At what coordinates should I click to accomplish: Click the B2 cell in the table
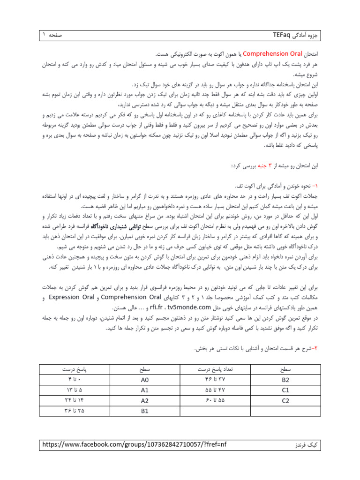pyautogui.click(x=285, y=379)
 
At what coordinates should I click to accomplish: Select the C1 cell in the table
pyautogui.click(x=285, y=390)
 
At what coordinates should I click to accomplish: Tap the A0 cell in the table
pyautogui.click(x=144, y=379)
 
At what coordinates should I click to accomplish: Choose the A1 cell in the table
pyautogui.click(x=144, y=390)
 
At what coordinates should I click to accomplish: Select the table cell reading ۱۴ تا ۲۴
pyautogui.click(x=75, y=400)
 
